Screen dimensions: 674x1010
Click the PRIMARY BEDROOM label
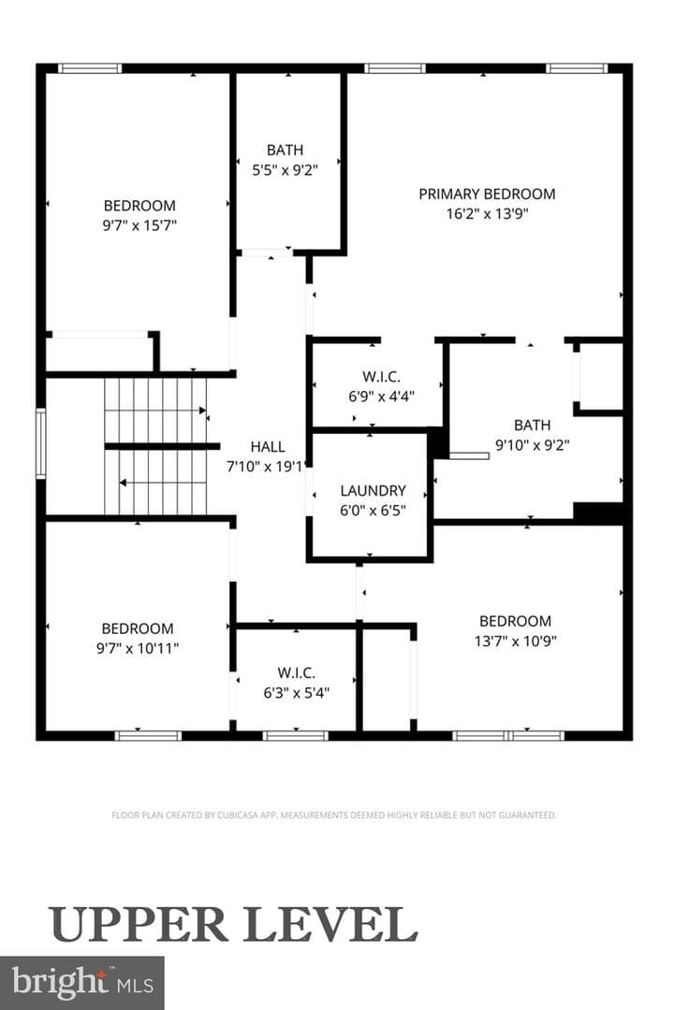pos(487,194)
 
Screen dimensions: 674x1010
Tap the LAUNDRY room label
pos(373,491)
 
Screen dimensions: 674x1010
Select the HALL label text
pos(268,446)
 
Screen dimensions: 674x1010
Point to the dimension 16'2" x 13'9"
pos(487,214)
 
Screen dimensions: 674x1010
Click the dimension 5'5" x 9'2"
pos(286,170)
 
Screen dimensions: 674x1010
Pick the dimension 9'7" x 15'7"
pos(140,225)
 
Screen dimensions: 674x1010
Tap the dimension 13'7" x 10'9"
pos(516,641)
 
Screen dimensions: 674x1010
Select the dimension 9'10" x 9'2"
pos(532,444)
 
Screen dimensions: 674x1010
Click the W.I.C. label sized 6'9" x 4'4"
pos(381,376)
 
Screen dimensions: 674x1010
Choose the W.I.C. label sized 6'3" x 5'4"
pos(297,673)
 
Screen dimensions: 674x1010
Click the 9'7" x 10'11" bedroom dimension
pos(138,648)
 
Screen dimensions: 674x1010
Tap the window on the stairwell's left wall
pos(40,444)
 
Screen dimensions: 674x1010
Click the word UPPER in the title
pos(139,925)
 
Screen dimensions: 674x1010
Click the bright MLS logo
pos(82,984)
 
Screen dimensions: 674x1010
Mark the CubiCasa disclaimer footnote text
pos(334,815)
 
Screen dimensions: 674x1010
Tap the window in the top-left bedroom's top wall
pos(90,68)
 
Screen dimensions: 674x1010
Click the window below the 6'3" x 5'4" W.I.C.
pos(296,736)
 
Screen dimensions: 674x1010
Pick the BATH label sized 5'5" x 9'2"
pos(286,150)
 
